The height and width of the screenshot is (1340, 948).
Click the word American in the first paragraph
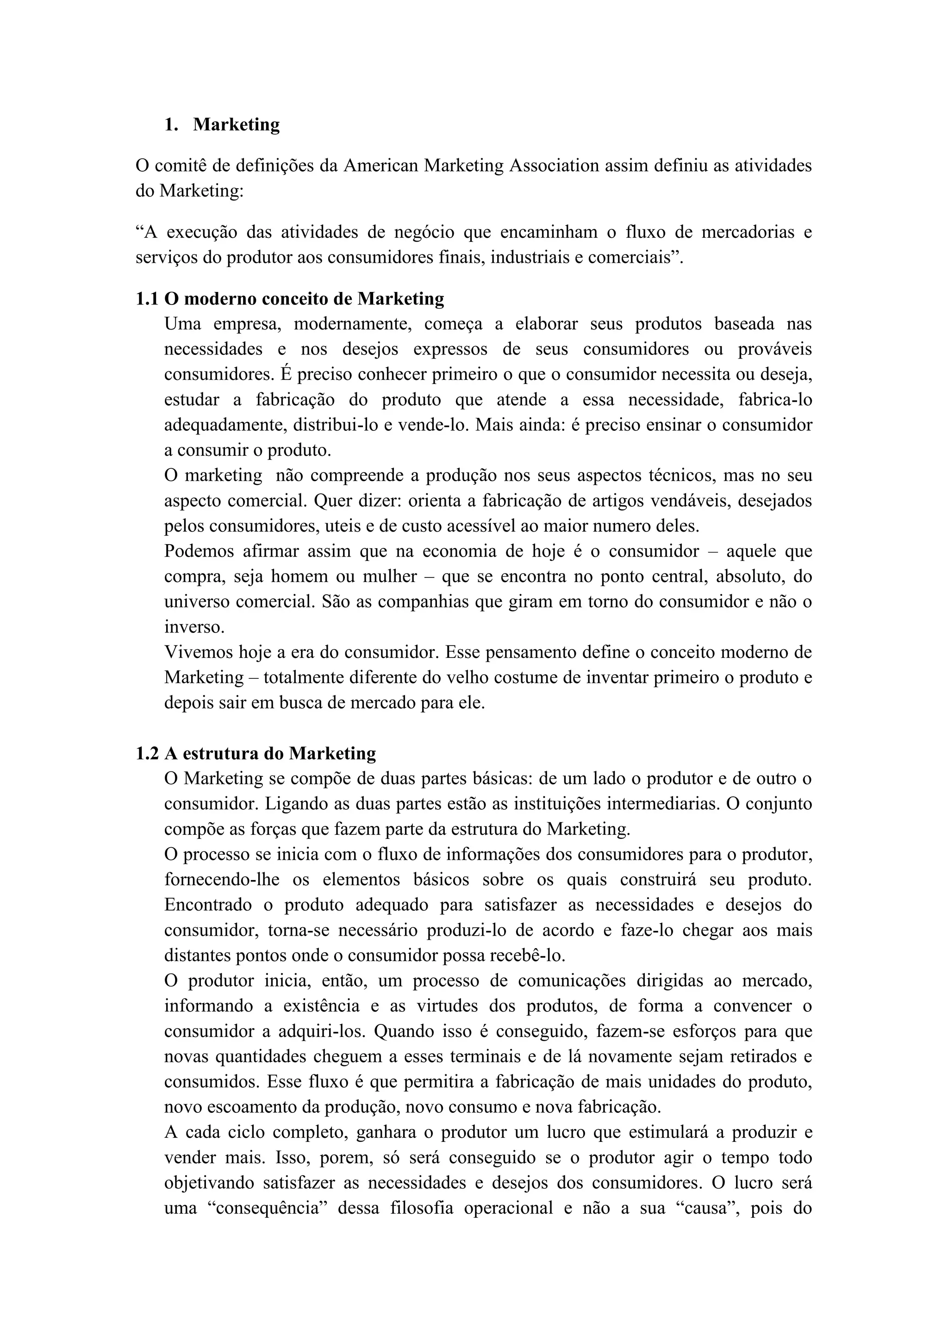pyautogui.click(x=380, y=166)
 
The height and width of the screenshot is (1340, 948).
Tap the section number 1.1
pyautogui.click(x=147, y=299)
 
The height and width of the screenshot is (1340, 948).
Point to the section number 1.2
pyautogui.click(x=147, y=753)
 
